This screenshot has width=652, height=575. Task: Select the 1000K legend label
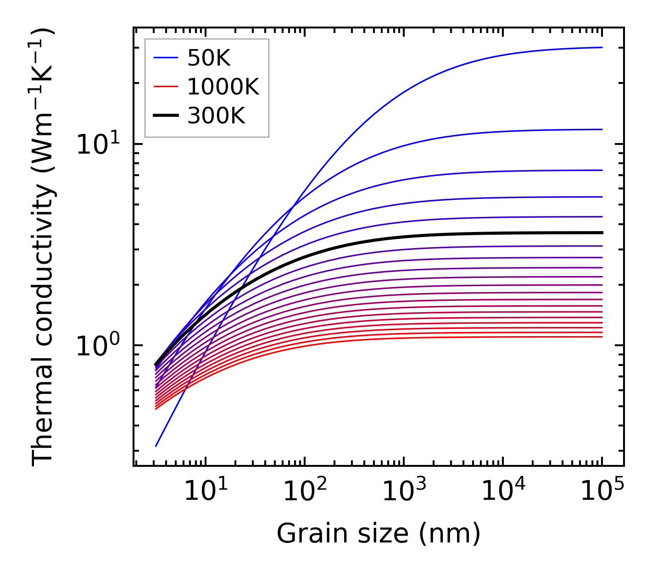click(x=223, y=87)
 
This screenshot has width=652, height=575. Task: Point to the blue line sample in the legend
click(x=165, y=58)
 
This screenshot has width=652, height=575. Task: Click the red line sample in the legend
click(x=165, y=87)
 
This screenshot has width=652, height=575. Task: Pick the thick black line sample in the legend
click(x=165, y=116)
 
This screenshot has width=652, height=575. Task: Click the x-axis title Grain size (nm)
click(x=379, y=534)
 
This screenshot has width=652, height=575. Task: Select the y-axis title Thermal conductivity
click(x=44, y=247)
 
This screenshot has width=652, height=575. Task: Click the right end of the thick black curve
click(x=602, y=233)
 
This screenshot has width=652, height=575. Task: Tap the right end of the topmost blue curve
click(x=602, y=47)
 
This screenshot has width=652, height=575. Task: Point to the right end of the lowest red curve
click(x=602, y=337)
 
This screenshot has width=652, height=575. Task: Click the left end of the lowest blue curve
click(x=156, y=446)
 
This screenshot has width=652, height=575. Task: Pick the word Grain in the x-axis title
click(x=305, y=534)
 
